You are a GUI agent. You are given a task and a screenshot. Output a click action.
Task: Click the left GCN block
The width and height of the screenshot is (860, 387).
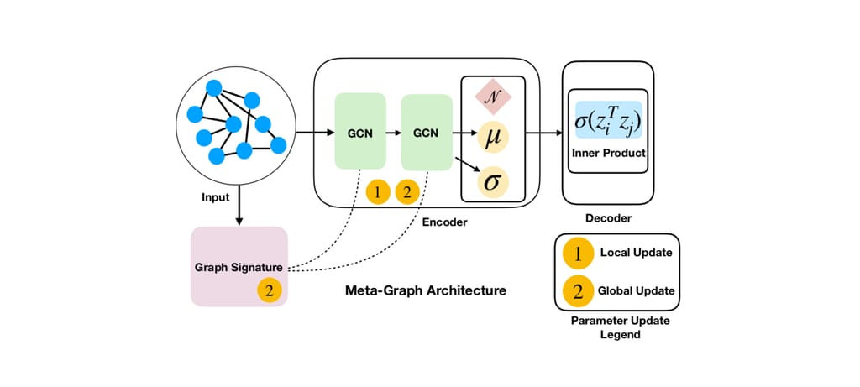(x=359, y=133)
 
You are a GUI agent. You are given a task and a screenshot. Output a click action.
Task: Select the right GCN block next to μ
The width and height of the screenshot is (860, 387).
(x=427, y=133)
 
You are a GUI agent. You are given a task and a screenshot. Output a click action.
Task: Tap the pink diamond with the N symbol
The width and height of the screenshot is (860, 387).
(x=494, y=96)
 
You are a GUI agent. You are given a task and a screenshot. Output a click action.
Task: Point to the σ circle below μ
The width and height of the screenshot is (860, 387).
(x=494, y=181)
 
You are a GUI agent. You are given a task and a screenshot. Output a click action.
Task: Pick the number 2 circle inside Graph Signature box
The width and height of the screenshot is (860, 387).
(x=269, y=291)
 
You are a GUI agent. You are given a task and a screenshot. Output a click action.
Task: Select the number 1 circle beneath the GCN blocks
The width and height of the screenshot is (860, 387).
(x=378, y=192)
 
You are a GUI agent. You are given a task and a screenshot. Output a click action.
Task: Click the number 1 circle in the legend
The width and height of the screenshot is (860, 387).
(x=578, y=252)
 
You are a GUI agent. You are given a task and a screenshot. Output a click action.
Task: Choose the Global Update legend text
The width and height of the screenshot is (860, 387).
(x=637, y=290)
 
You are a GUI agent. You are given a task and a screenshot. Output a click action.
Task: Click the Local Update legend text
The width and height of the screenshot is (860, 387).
(x=636, y=252)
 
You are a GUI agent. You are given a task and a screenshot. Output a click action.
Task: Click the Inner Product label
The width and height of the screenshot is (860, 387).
(x=608, y=153)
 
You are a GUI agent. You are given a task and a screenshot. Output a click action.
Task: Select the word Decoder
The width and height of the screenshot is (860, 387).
(x=607, y=218)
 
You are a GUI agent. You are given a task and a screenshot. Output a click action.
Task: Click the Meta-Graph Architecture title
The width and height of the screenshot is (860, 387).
(x=426, y=290)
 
